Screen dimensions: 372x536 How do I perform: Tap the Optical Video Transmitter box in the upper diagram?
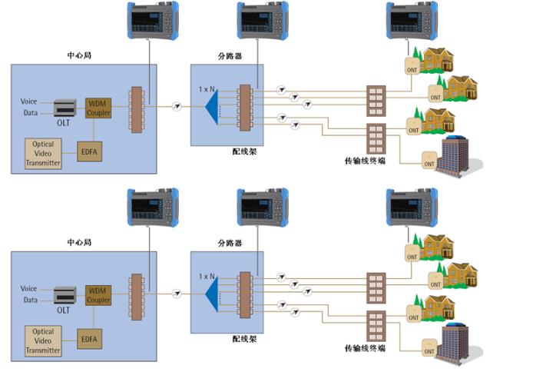[42, 153]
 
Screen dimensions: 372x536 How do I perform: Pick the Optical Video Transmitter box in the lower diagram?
[42, 340]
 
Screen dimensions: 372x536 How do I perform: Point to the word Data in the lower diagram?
[29, 300]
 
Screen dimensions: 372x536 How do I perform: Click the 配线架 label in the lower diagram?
[244, 338]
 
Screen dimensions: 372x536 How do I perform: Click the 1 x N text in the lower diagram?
[207, 276]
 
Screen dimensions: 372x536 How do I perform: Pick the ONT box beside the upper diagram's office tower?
[427, 161]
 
